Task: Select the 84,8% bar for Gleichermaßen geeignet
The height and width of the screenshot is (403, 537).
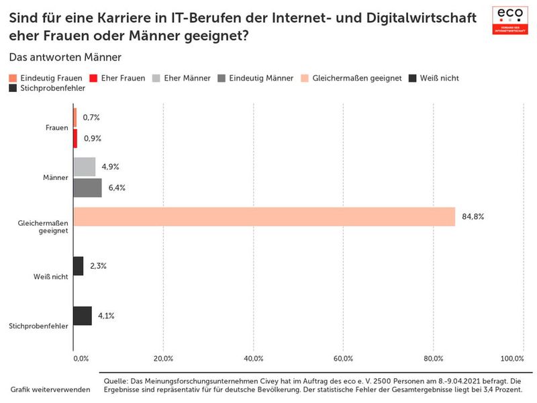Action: coord(264,217)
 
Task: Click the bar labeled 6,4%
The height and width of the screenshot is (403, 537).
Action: coord(87,188)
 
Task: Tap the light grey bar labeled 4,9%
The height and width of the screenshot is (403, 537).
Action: coord(84,167)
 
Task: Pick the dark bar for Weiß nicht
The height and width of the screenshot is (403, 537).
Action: coord(78,266)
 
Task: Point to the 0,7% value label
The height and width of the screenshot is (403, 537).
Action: coord(91,118)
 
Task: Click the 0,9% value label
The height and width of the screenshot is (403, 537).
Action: coord(92,138)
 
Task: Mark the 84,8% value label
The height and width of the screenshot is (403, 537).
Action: coord(473,217)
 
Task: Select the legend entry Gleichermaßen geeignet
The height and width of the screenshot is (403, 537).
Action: coord(352,78)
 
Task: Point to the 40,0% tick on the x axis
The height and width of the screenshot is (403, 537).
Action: coord(254,358)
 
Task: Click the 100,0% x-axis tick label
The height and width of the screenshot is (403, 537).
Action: coord(512,358)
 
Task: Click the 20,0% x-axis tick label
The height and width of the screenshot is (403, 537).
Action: coord(164,358)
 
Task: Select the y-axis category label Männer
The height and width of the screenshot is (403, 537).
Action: coord(55,177)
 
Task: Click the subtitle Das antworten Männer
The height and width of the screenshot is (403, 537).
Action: coord(65,58)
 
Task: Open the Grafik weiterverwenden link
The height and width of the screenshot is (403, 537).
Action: coord(50,390)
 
